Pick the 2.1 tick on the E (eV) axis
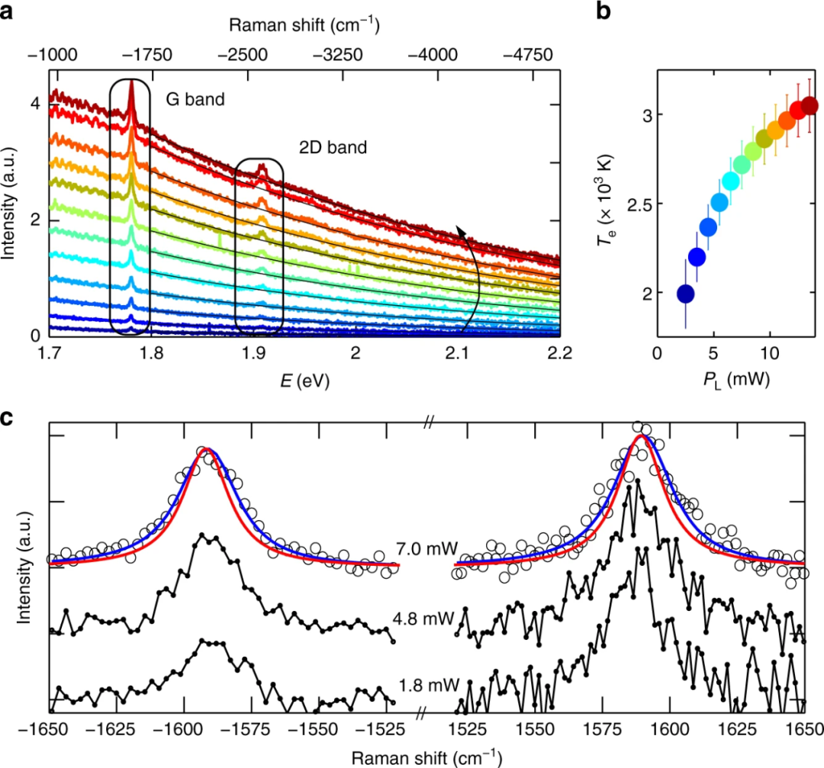(458, 352)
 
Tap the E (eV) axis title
(304, 377)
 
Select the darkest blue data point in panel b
(685, 294)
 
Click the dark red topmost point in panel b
(810, 105)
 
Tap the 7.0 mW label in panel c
(417, 548)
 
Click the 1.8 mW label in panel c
(417, 684)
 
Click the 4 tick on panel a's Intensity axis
(36, 103)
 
